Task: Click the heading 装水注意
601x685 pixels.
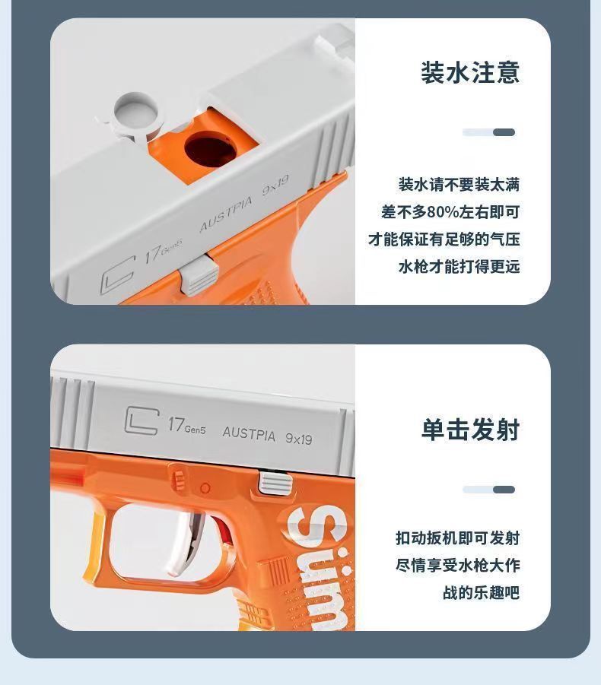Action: tap(470, 73)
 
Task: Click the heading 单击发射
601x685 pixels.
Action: tap(470, 430)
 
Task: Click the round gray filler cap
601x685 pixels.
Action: tap(135, 112)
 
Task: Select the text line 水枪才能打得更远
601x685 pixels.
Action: tap(459, 267)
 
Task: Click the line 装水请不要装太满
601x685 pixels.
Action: tap(459, 185)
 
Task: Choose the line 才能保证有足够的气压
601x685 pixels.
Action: tap(444, 239)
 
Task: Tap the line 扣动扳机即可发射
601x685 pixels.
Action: tap(457, 538)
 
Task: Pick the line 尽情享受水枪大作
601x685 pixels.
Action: tap(457, 566)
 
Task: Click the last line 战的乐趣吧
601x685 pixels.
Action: tap(481, 593)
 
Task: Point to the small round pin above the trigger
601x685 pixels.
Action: tap(205, 487)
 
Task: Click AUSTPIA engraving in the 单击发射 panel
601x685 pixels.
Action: tap(250, 433)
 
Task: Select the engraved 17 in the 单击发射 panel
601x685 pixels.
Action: tap(176, 423)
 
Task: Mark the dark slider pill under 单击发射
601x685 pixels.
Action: tap(504, 490)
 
